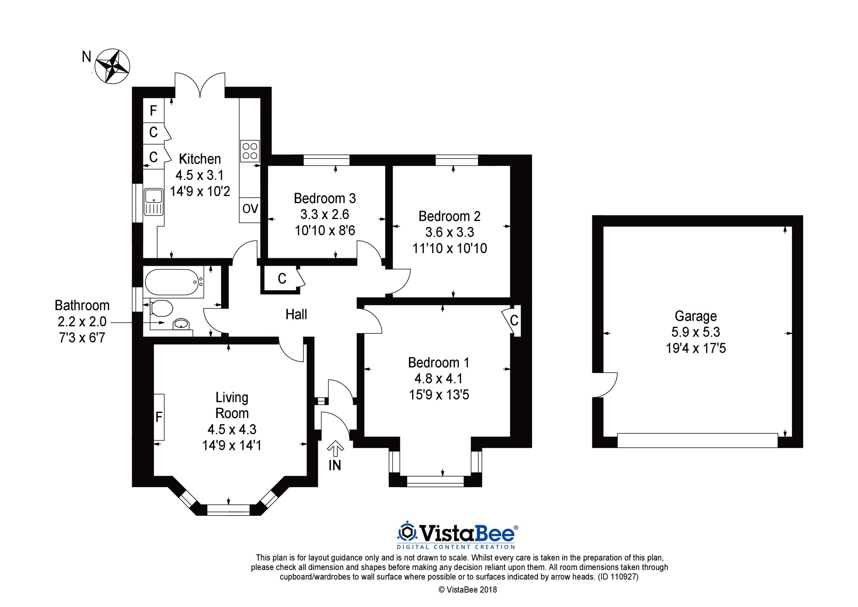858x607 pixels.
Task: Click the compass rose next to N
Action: point(112,66)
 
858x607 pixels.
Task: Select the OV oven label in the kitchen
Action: point(250,209)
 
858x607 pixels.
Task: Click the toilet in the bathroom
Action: point(161,309)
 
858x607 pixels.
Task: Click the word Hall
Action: point(296,315)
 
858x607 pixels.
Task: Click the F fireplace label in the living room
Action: point(159,417)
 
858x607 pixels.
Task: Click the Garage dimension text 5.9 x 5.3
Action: point(696,332)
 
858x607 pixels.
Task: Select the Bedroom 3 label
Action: point(325,198)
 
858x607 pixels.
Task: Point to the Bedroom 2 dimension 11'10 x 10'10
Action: point(450,248)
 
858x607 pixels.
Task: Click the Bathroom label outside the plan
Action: point(82,306)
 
